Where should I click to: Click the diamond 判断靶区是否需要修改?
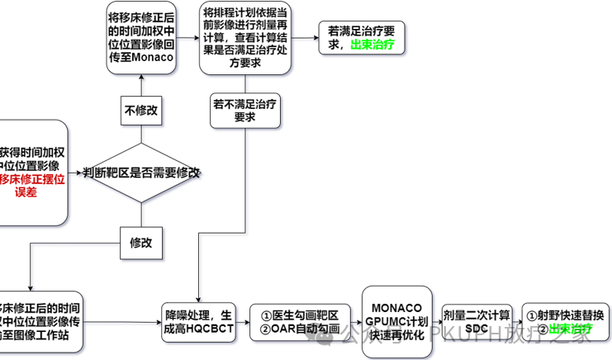(141, 173)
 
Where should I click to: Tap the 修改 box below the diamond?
(141, 243)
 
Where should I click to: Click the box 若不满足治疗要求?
(244, 111)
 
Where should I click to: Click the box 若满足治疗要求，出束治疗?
(362, 38)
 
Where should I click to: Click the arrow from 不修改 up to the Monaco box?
(141, 85)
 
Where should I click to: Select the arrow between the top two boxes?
(187, 38)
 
